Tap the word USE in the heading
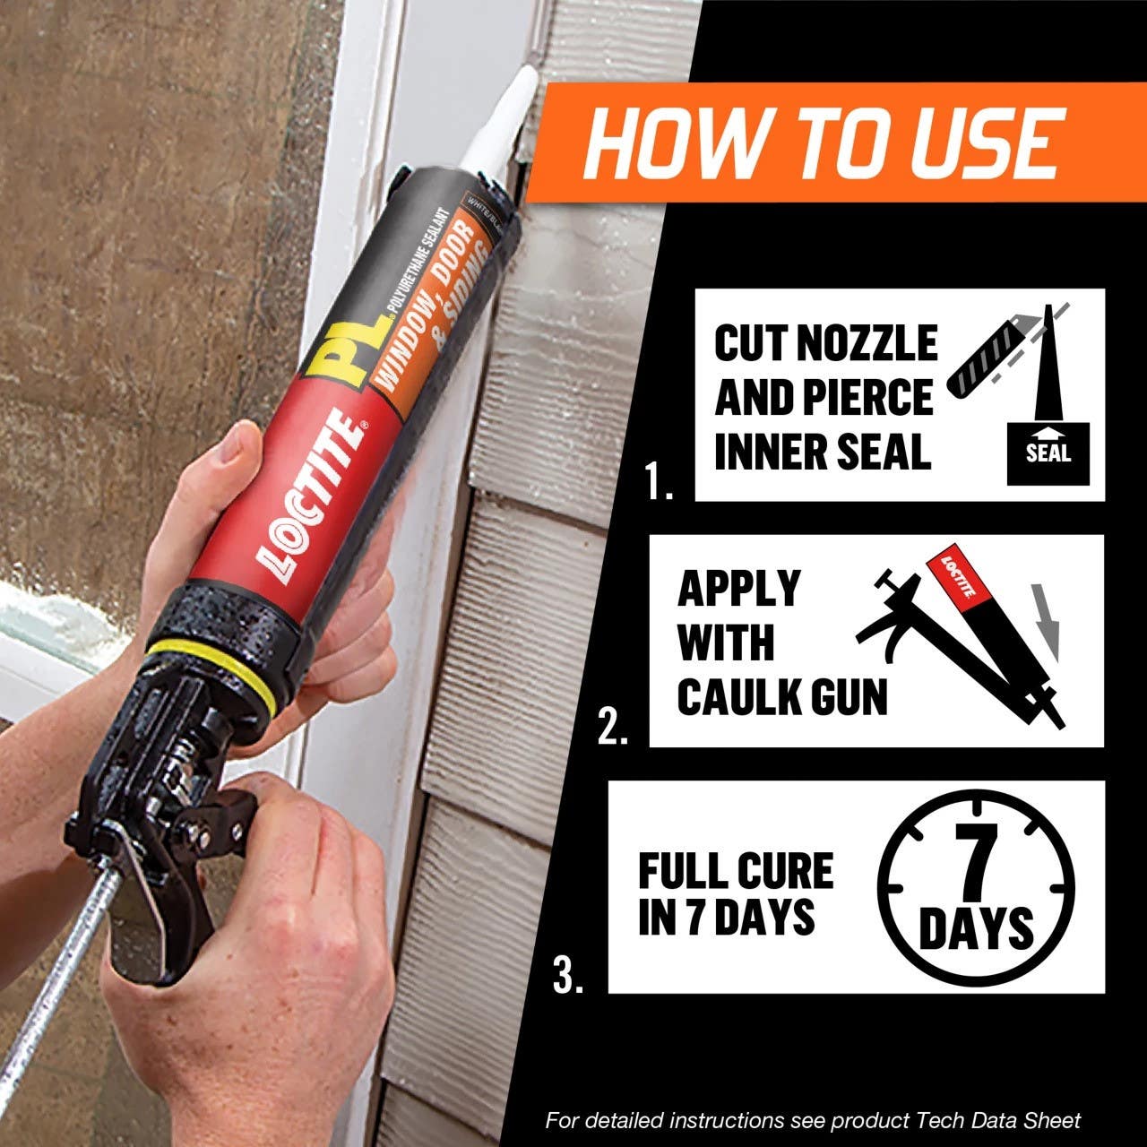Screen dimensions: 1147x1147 (x=986, y=143)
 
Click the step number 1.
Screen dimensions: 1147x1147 (x=659, y=484)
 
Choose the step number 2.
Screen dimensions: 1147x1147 (x=613, y=729)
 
